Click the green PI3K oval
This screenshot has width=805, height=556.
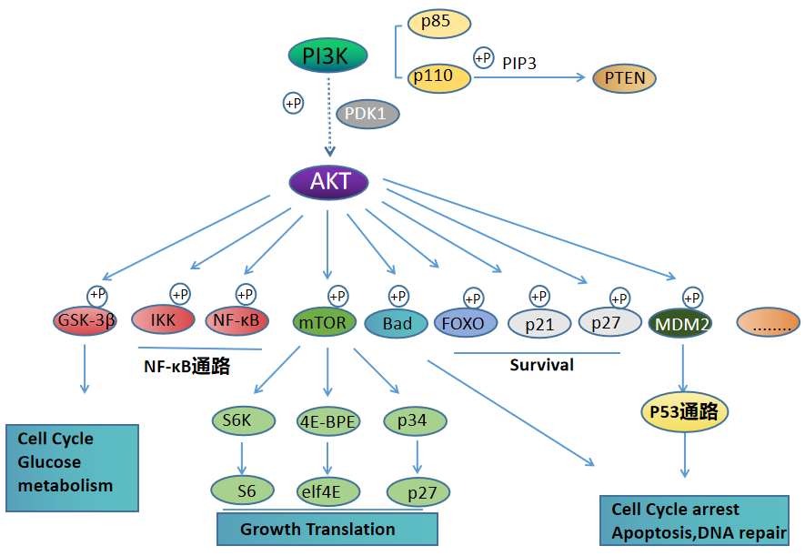coord(327,56)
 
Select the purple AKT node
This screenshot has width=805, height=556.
coord(328,181)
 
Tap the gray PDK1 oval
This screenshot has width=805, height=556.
coord(367,114)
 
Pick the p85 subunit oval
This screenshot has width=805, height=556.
coord(439,22)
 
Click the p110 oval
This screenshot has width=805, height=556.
coord(439,77)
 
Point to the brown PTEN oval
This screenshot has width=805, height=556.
coord(625,78)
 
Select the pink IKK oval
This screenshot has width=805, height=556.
coord(164,320)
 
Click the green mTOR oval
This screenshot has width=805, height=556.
coord(322,323)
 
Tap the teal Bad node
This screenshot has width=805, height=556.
coord(396,324)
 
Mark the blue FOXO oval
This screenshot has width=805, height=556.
coord(466,323)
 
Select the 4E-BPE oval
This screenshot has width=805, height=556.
coord(327,421)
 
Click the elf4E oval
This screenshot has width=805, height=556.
coord(327,491)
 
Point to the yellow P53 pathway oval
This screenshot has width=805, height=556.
coord(685,412)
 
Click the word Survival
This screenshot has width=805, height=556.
coord(540,365)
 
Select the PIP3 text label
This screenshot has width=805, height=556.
coord(519,62)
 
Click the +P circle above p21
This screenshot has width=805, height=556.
coord(539,297)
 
